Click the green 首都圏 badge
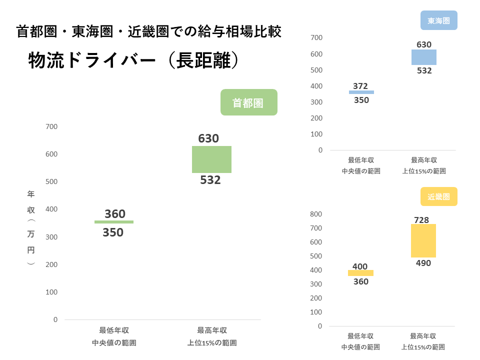(x=248, y=102)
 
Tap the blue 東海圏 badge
(x=439, y=21)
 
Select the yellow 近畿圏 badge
(x=439, y=196)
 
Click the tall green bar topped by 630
(x=211, y=159)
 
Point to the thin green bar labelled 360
(x=114, y=221)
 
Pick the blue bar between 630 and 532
(x=424, y=57)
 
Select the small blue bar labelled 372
(x=361, y=92)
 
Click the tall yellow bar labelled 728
(x=423, y=240)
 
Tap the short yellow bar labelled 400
(x=360, y=272)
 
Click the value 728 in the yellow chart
(x=421, y=220)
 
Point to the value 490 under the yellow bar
(x=423, y=263)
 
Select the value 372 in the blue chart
(x=360, y=86)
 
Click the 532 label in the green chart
(x=210, y=180)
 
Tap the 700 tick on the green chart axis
(x=51, y=127)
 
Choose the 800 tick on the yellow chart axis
(x=316, y=214)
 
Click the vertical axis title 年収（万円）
(x=31, y=228)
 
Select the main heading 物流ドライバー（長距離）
(x=132, y=60)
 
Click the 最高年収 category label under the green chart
(x=212, y=330)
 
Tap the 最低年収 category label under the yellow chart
(x=360, y=336)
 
